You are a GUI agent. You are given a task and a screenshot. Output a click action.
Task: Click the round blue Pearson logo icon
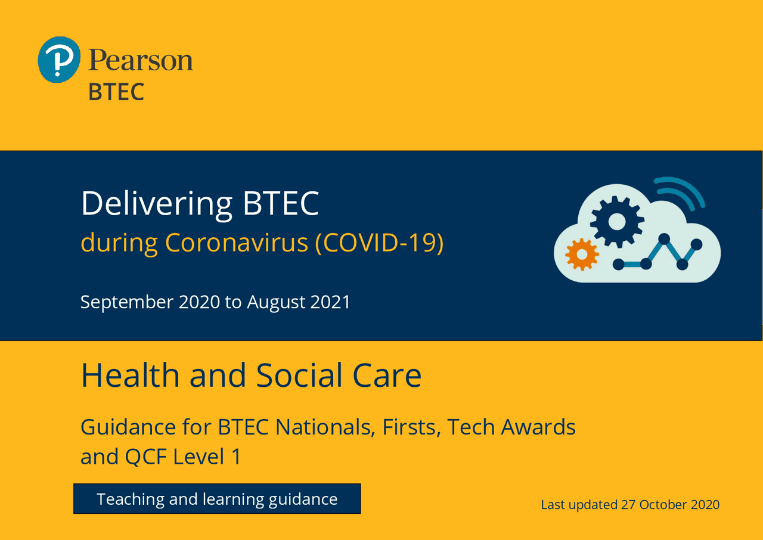pyautogui.click(x=58, y=60)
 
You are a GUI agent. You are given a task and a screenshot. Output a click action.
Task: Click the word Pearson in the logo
pyautogui.click(x=141, y=60)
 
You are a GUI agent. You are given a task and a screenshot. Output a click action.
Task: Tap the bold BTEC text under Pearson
pyautogui.click(x=116, y=92)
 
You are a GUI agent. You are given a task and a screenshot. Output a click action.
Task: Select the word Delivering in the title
pyautogui.click(x=157, y=204)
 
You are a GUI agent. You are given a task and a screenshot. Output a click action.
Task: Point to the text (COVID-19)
pyautogui.click(x=379, y=243)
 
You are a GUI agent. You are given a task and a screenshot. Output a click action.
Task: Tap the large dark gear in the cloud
pyautogui.click(x=616, y=222)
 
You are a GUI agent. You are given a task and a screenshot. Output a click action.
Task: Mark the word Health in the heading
pyautogui.click(x=130, y=375)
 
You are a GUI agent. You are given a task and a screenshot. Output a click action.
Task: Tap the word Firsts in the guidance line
pyautogui.click(x=410, y=427)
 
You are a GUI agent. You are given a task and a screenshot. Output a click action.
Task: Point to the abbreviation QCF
pyautogui.click(x=146, y=457)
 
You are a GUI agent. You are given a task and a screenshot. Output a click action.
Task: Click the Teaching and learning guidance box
pyautogui.click(x=217, y=499)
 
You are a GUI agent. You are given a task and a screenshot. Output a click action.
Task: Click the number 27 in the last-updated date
pyautogui.click(x=628, y=505)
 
